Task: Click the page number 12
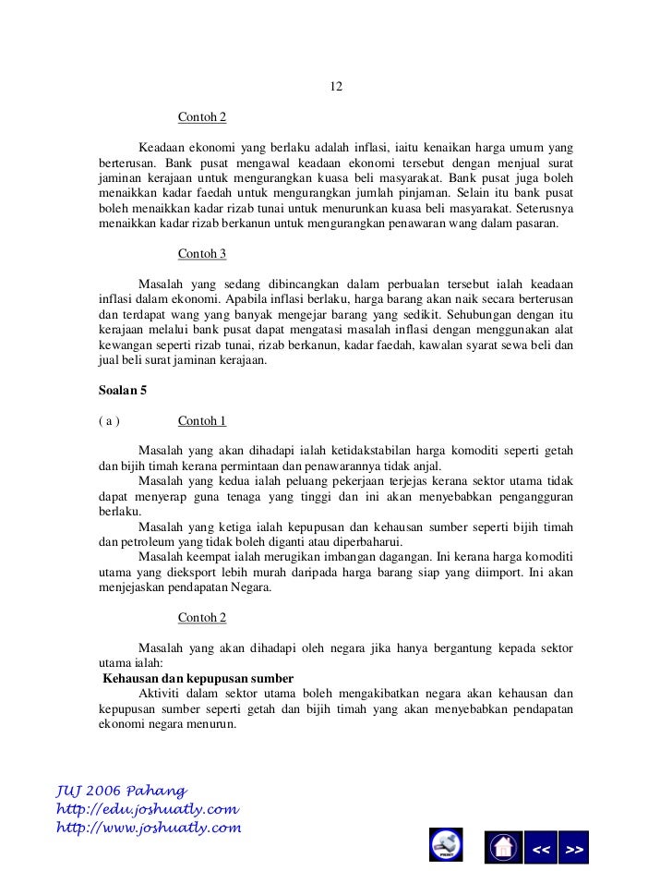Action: click(x=336, y=87)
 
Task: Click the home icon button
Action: click(x=502, y=848)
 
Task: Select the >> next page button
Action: click(x=573, y=848)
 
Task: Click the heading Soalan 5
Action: click(x=123, y=391)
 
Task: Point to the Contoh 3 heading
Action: click(x=202, y=253)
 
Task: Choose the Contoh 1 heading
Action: click(x=202, y=421)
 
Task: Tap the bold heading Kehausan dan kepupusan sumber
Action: click(x=198, y=678)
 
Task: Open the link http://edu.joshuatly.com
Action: click(x=148, y=809)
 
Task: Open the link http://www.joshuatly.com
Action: click(x=149, y=828)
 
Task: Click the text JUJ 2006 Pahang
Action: click(x=121, y=792)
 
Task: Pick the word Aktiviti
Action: click(x=159, y=693)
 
